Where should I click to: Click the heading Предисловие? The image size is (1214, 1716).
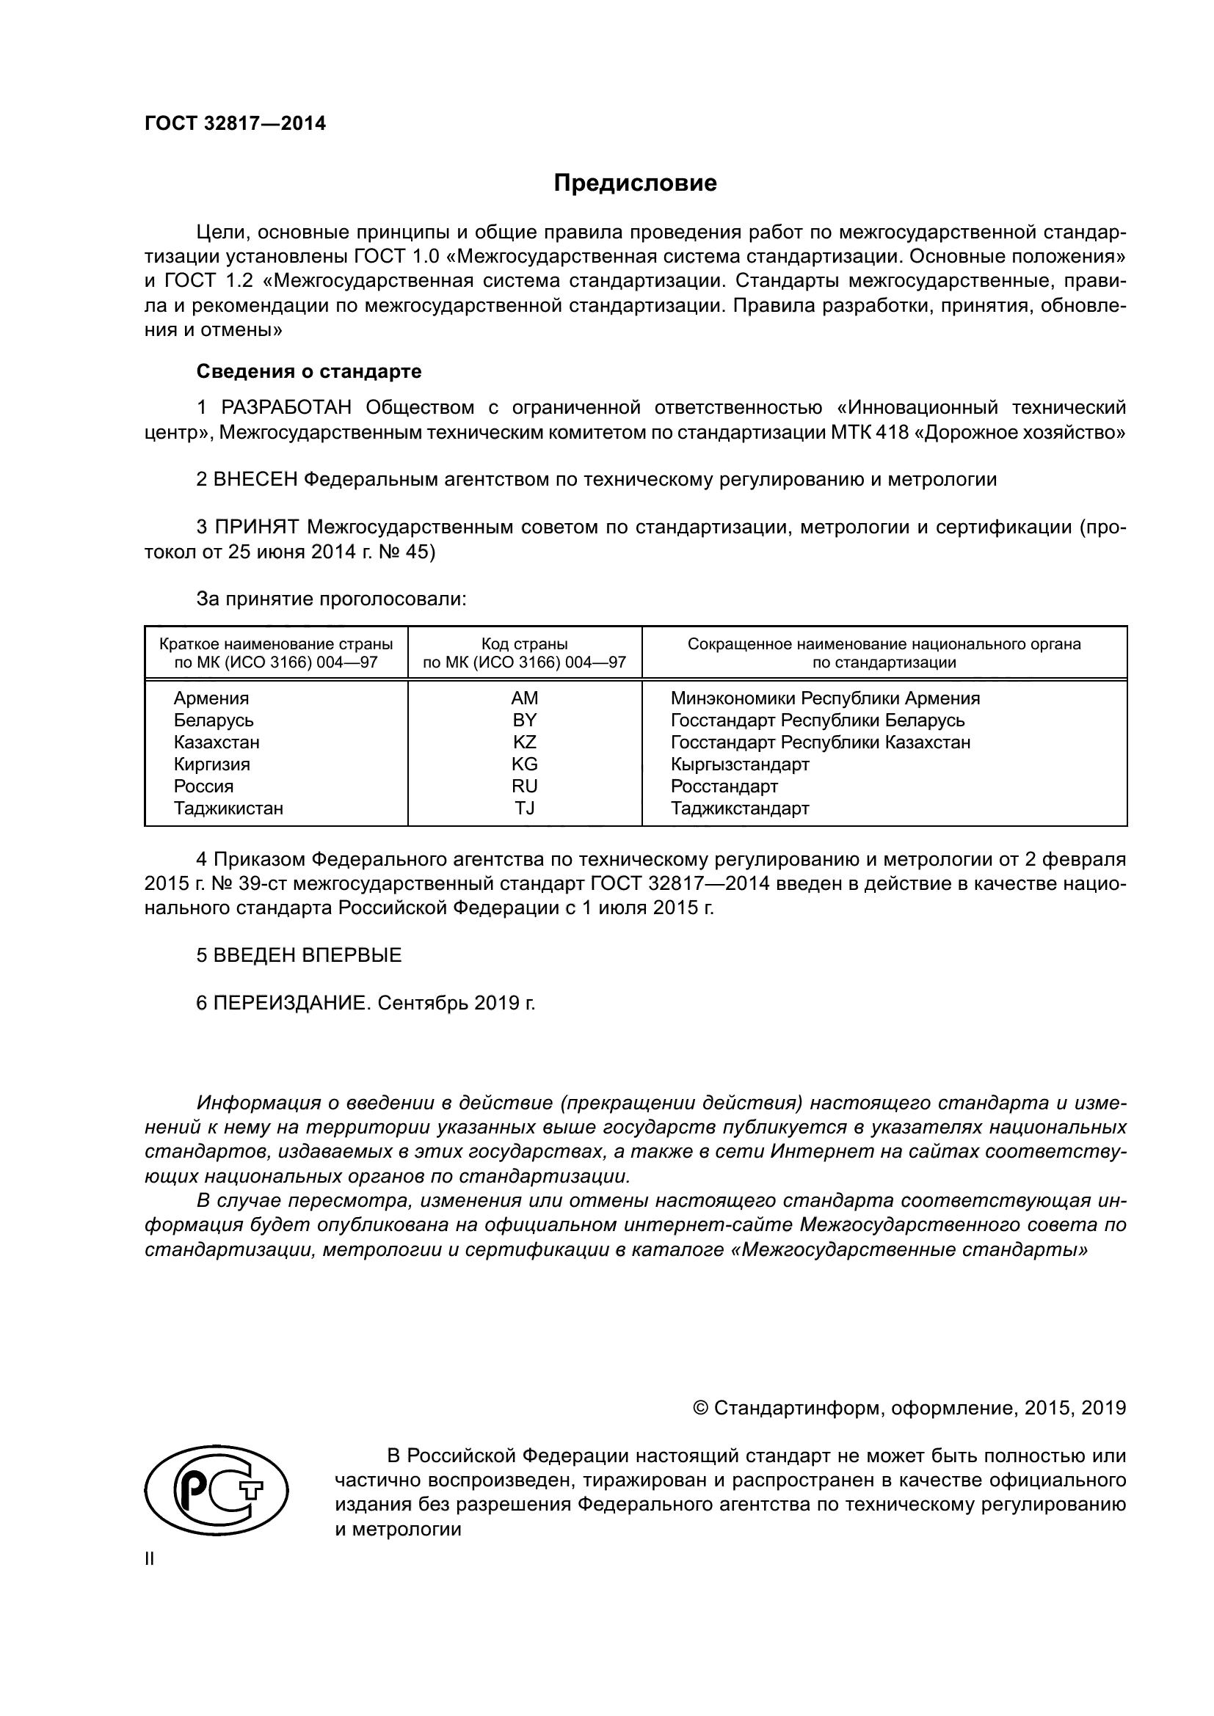635,183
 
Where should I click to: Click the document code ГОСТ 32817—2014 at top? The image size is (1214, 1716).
235,124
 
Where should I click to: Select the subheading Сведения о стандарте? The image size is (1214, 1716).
309,371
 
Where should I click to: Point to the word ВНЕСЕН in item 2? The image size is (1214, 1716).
255,479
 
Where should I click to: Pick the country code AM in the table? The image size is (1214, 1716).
524,698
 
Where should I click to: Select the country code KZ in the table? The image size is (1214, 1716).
524,742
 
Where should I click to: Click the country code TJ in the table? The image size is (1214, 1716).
524,808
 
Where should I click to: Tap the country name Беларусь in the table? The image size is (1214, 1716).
214,720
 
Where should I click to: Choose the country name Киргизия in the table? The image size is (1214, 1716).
211,764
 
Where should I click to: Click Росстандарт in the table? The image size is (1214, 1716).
724,786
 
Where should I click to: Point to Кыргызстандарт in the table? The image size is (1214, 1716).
739,764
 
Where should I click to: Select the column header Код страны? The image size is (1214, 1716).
524,644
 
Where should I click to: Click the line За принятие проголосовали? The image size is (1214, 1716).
331,599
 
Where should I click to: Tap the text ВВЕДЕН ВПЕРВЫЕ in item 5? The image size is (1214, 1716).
308,955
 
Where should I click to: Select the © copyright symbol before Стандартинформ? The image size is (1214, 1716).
700,1409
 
